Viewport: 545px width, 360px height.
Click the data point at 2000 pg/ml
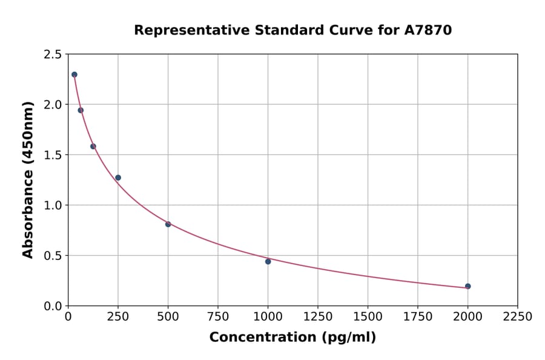click(x=467, y=286)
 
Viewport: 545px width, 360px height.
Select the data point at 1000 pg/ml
click(x=268, y=261)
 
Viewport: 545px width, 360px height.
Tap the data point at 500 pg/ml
click(x=168, y=224)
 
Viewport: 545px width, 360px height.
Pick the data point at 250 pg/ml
click(x=118, y=178)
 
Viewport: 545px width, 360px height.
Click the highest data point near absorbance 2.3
click(x=74, y=75)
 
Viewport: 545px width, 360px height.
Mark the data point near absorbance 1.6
click(x=93, y=146)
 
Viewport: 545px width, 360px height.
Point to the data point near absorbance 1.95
click(x=81, y=110)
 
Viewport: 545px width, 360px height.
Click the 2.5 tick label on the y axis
click(x=52, y=55)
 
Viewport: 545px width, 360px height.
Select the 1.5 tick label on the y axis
click(x=52, y=155)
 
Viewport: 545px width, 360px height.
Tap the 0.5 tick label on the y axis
click(x=52, y=256)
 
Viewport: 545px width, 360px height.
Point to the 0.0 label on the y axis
click(x=52, y=306)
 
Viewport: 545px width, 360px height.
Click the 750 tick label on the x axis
click(x=218, y=317)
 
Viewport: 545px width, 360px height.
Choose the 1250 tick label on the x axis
click(x=318, y=317)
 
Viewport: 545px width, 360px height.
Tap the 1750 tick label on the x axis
click(x=418, y=317)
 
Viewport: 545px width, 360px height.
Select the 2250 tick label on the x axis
click(x=518, y=317)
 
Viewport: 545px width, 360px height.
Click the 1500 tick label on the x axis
click(x=368, y=317)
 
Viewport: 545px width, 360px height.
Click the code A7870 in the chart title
click(x=428, y=30)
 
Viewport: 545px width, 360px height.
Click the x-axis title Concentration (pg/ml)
click(x=292, y=338)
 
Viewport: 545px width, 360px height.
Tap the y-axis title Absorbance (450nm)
click(x=28, y=179)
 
